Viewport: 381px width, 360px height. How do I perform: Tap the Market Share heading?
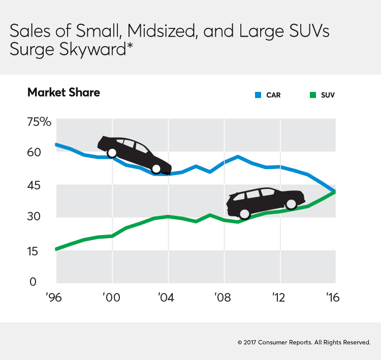tap(63, 92)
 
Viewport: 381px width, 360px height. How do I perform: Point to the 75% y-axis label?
tap(40, 122)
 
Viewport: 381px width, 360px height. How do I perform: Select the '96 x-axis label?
tap(54, 298)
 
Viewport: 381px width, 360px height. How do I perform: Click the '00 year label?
tap(111, 298)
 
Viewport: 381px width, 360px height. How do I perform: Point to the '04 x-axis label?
tap(168, 298)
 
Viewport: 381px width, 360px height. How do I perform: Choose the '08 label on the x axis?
tap(224, 298)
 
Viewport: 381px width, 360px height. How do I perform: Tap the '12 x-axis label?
tap(279, 298)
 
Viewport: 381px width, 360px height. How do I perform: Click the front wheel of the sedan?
tap(156, 169)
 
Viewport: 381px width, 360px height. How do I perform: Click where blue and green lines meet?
tap(334, 191)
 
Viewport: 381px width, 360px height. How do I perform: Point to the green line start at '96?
tap(56, 249)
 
